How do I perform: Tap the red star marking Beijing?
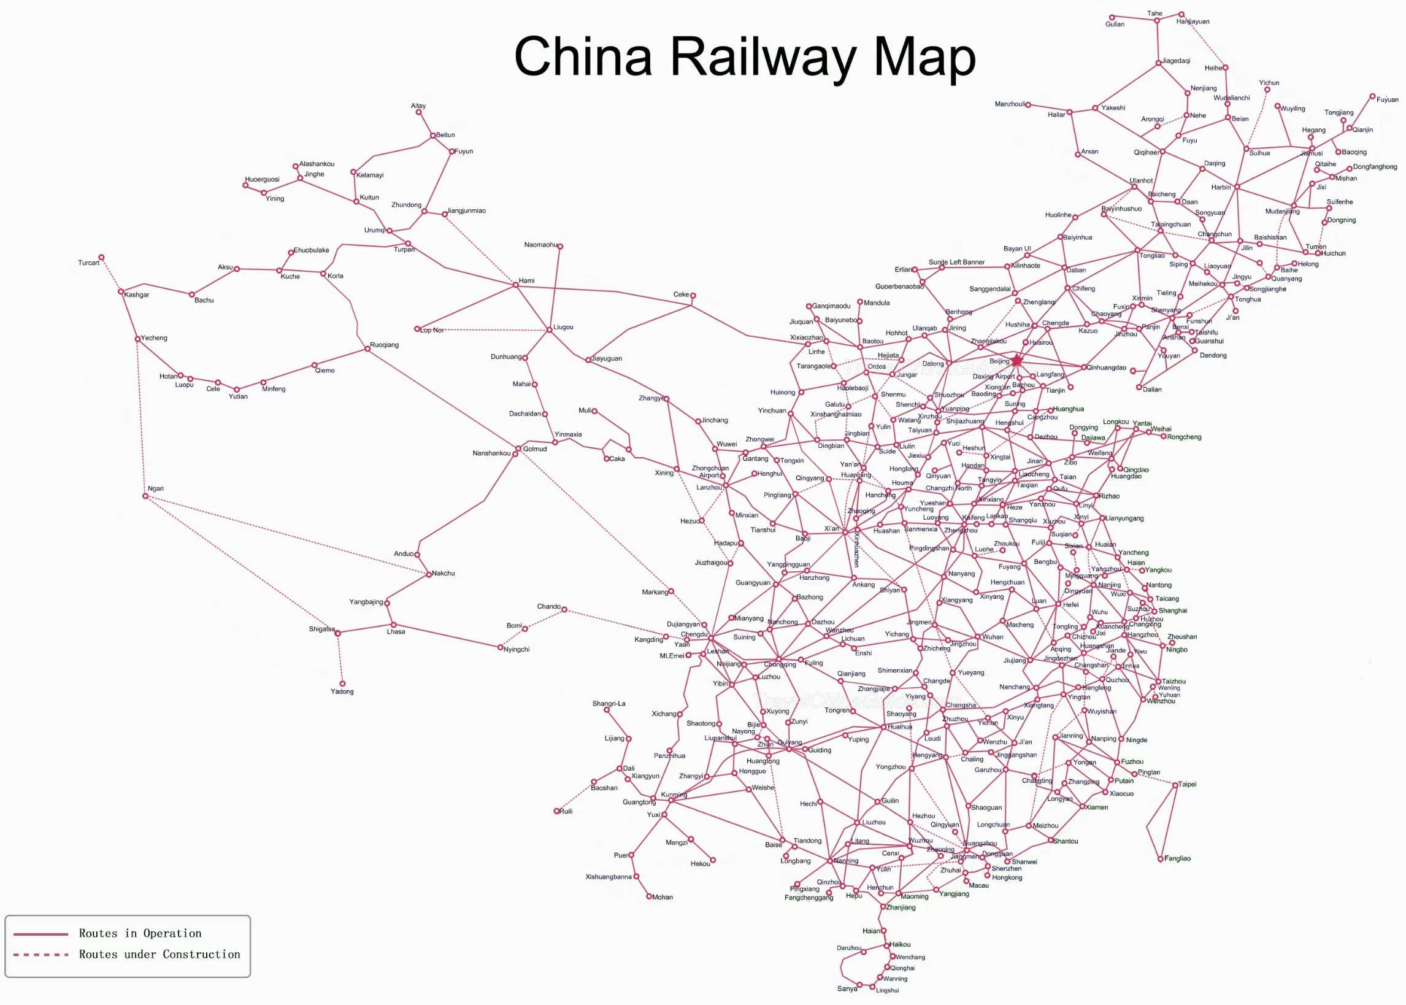1017,360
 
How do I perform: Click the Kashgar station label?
136,295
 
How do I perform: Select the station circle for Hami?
516,285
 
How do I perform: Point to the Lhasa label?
396,632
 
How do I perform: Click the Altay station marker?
419,113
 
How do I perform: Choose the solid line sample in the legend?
41,934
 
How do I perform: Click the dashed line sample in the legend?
41,955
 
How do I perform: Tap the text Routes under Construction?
159,955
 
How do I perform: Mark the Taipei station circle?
1175,785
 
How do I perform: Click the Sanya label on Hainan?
847,989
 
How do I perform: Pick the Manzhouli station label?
1010,104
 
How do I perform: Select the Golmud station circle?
518,449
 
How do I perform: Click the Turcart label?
88,263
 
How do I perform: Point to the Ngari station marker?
145,496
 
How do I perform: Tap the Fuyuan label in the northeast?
1388,99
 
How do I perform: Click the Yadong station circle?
342,684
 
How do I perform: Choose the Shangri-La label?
609,704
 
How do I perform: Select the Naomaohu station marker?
560,246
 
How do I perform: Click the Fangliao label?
1177,859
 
